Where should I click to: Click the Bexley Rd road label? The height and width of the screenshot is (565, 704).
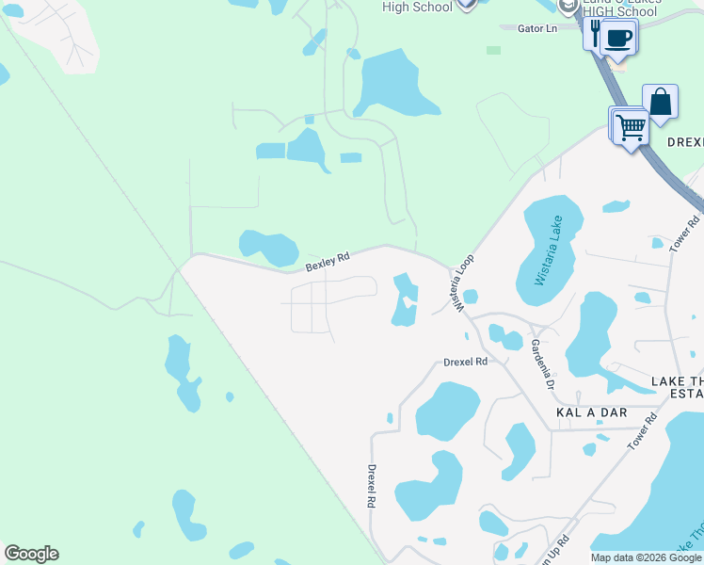pyautogui.click(x=328, y=262)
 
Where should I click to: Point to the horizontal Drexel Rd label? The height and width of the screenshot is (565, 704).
pyautogui.click(x=466, y=362)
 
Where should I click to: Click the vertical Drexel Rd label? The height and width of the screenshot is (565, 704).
pyautogui.click(x=372, y=486)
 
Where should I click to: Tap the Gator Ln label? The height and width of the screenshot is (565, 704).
pyautogui.click(x=537, y=28)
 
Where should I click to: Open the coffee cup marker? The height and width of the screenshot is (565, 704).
pyautogui.click(x=618, y=38)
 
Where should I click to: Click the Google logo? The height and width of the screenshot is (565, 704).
pyautogui.click(x=31, y=554)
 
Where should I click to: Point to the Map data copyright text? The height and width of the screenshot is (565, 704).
pyautogui.click(x=646, y=557)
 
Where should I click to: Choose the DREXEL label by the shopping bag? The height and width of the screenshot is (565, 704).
pyautogui.click(x=685, y=141)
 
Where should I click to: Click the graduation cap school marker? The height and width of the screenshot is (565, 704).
pyautogui.click(x=568, y=6)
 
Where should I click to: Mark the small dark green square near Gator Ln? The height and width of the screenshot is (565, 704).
pyautogui.click(x=493, y=50)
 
